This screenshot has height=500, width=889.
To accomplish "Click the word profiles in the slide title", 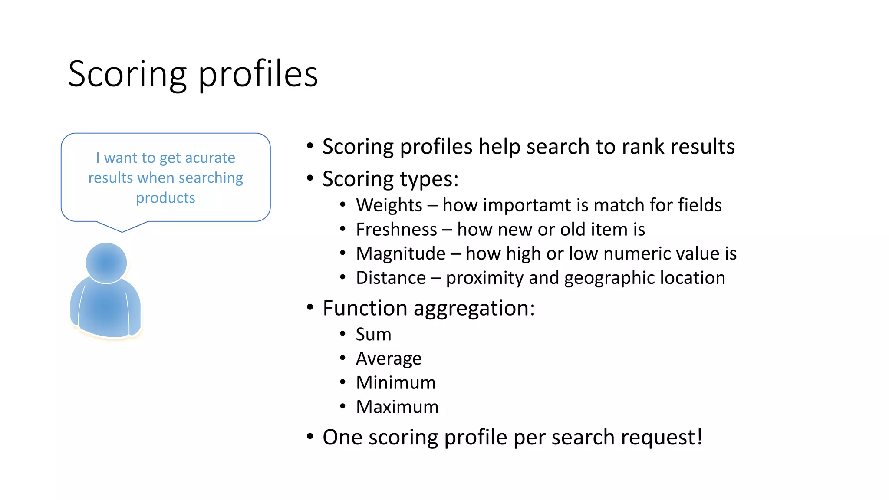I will [258, 75].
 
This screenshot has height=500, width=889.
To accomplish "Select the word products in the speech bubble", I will [165, 198].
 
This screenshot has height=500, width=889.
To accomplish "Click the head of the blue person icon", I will [106, 263].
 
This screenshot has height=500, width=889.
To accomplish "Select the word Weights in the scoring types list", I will [389, 205].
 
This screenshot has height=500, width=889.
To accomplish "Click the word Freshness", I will [396, 230].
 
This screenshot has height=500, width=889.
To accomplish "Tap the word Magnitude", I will [401, 254].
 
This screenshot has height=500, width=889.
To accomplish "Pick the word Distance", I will [391, 278].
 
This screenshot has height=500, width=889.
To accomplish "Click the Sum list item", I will [373, 335].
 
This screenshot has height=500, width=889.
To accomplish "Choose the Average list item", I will [389, 359].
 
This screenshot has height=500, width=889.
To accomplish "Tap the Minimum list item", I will [395, 383].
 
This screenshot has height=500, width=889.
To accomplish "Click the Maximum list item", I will [397, 407].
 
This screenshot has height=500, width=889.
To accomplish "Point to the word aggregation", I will [474, 309].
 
